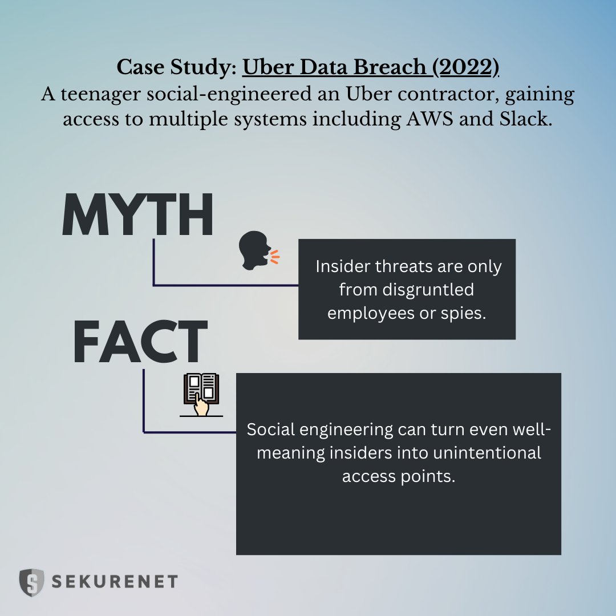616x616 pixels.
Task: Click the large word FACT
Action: point(140,343)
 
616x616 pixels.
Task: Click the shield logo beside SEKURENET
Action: point(31,582)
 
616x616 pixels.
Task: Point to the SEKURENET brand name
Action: point(115,582)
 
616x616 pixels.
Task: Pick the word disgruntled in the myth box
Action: point(407,290)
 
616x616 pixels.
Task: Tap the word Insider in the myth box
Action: point(342,266)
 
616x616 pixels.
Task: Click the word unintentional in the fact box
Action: point(473,453)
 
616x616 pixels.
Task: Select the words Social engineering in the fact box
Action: point(319,429)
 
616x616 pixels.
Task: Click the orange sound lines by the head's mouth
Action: point(275,256)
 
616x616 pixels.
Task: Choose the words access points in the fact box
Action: point(399,476)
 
